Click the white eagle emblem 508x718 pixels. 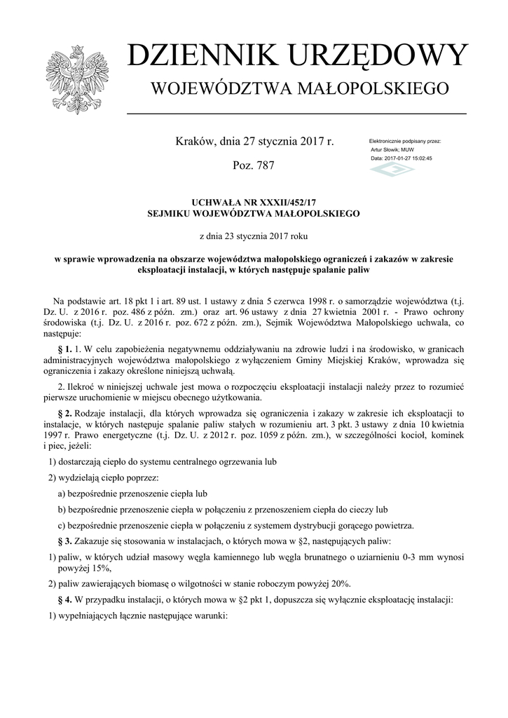74,80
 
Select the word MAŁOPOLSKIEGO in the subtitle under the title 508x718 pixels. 364,89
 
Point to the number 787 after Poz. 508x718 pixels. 263,165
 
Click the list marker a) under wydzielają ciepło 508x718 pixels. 62,494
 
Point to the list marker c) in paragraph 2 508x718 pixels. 62,525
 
